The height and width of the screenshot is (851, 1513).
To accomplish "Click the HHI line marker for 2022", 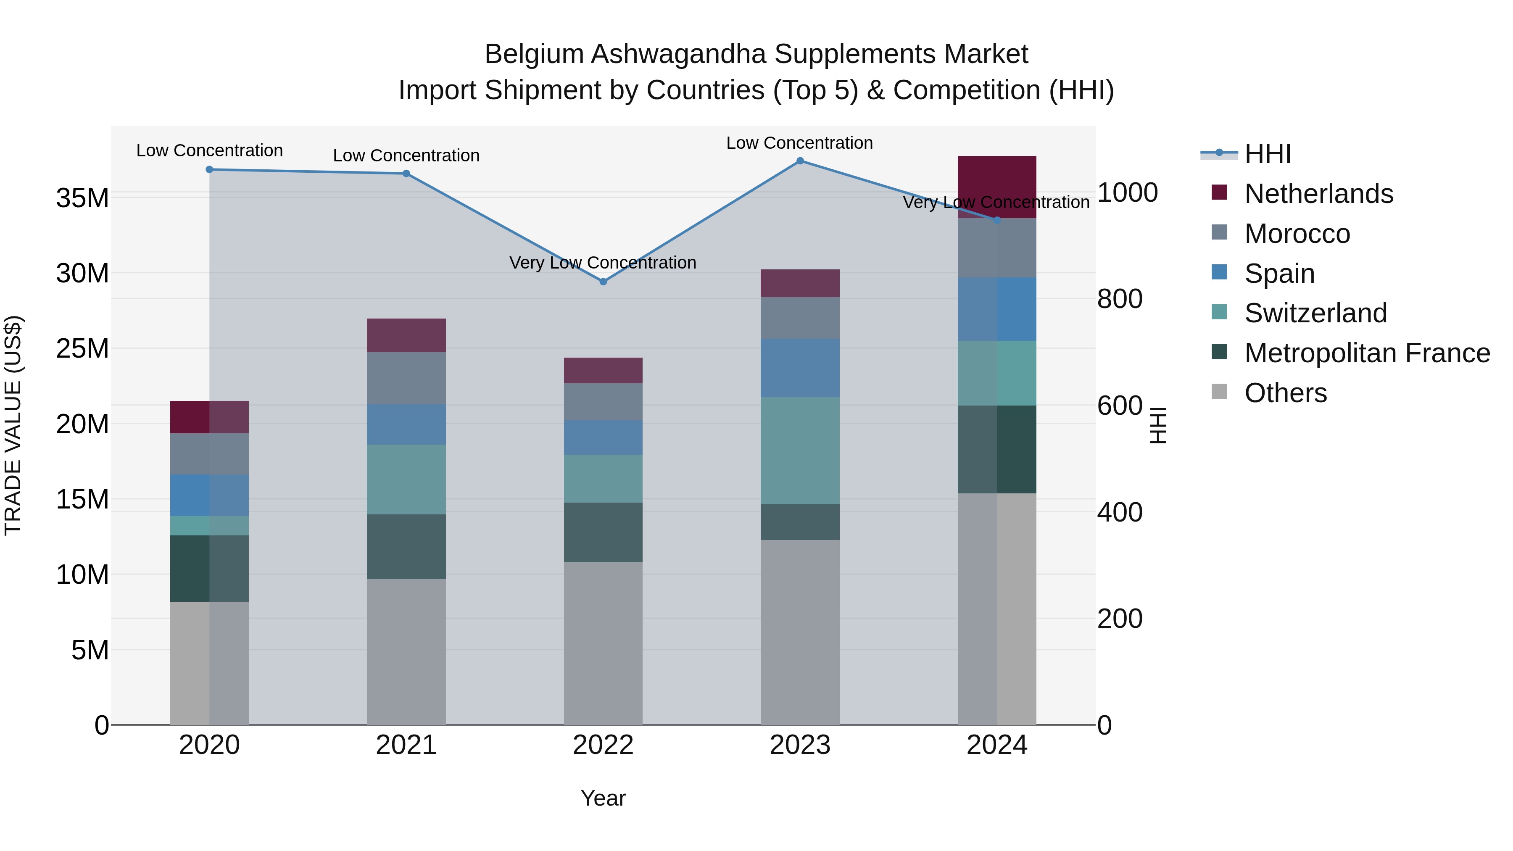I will (603, 282).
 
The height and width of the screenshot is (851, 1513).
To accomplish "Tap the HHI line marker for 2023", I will (800, 161).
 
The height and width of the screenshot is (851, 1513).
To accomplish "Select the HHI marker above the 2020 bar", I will (210, 170).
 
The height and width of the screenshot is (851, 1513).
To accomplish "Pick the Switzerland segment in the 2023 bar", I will (800, 451).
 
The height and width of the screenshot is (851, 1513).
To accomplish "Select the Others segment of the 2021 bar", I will (406, 652).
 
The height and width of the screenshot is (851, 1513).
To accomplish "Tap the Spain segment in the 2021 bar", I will (406, 424).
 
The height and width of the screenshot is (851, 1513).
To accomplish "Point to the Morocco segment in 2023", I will (800, 318).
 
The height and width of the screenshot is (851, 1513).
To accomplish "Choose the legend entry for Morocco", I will (1297, 234).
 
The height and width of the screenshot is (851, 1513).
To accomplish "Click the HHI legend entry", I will (1268, 154).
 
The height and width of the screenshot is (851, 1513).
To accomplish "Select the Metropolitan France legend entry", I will (1366, 353).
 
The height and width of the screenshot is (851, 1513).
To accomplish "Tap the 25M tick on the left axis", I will (82, 349).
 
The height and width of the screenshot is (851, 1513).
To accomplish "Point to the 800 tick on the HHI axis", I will (1120, 299).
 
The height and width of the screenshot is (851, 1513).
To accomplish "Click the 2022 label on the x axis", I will (603, 745).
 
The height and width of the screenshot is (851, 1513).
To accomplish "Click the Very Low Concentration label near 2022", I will (603, 263).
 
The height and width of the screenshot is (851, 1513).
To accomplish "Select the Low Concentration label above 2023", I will (799, 143).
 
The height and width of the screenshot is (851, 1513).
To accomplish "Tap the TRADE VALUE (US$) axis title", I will (13, 425).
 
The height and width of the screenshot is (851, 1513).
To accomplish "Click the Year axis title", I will (603, 798).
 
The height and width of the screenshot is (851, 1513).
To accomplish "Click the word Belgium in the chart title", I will (533, 54).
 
